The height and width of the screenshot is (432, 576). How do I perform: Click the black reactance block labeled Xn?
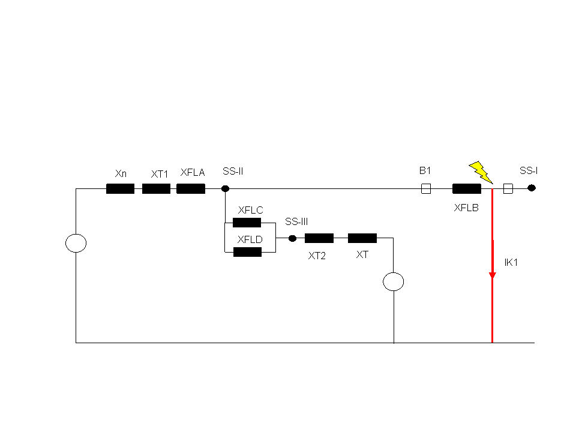point(120,189)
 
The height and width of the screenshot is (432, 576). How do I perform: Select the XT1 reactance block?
point(156,189)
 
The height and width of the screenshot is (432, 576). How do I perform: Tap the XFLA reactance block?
point(191,189)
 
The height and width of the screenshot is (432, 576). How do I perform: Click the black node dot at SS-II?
point(225,189)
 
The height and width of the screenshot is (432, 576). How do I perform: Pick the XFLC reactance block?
point(247,223)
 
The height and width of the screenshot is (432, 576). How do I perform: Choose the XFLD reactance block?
point(248,252)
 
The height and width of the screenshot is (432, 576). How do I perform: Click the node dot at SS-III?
point(292,238)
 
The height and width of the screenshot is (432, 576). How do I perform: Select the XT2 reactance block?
point(319,238)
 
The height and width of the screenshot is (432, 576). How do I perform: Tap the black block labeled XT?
point(362,238)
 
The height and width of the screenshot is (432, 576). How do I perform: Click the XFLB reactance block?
point(467,189)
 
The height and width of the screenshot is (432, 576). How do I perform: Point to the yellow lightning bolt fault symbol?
point(481,172)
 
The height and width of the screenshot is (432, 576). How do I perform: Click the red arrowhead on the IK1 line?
point(493,275)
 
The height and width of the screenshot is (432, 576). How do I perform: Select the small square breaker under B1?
point(426,189)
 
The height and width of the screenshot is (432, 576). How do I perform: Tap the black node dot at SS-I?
point(532,188)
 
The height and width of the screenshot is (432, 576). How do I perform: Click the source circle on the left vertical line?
point(76,243)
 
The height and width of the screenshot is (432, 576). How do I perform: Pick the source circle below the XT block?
point(394,282)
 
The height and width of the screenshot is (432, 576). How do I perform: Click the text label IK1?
point(511,262)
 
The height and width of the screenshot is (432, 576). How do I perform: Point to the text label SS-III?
point(296,221)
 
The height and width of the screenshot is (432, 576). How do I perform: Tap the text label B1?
point(425,170)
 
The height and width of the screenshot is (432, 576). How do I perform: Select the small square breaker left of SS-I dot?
point(508,189)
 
